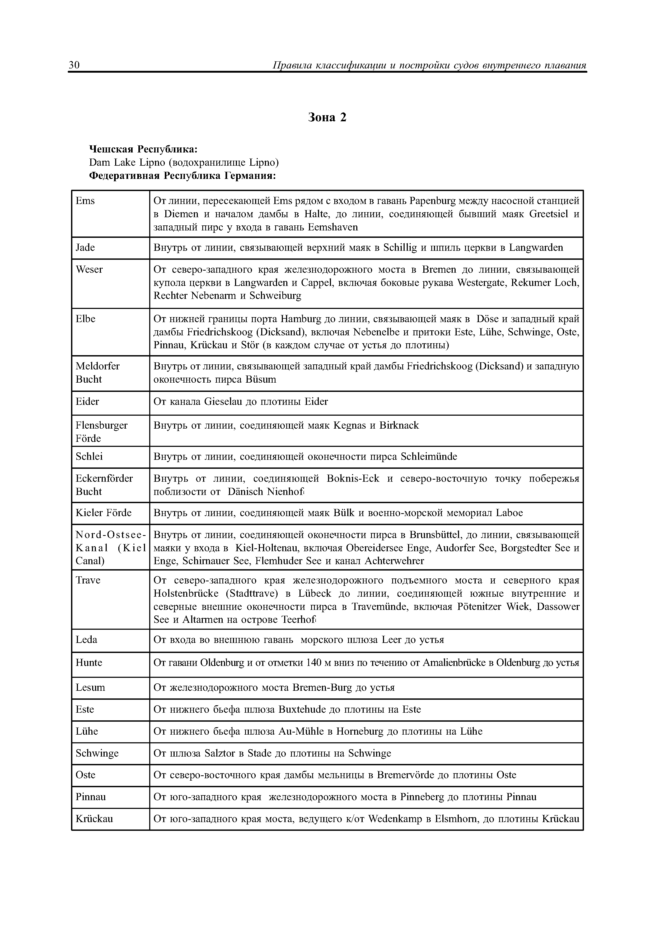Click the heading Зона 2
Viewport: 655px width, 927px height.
click(327, 118)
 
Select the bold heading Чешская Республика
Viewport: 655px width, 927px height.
click(143, 149)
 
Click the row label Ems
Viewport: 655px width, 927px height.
click(85, 201)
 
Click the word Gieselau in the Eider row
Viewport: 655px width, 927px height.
click(223, 402)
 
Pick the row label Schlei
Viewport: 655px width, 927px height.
click(89, 457)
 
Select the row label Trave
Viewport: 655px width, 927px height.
click(88, 581)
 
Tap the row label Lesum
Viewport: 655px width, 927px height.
click(90, 688)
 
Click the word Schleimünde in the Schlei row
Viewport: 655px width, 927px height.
click(429, 457)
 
